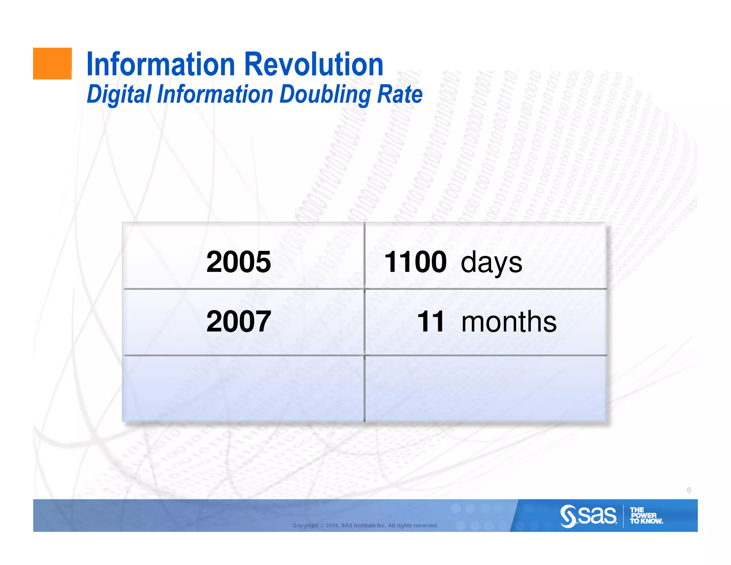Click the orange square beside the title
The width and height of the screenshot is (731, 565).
coord(52,64)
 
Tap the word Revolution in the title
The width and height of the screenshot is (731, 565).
coord(314,65)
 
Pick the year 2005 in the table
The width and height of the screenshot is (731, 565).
coord(238,262)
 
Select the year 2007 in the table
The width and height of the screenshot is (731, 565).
coord(238,321)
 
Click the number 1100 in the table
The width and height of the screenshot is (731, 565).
coord(415,262)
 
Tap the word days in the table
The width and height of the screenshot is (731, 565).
coord(491,263)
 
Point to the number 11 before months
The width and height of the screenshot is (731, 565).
coord(431,321)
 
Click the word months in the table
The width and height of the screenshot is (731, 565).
coord(509,321)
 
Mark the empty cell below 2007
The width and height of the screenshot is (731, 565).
coord(243,389)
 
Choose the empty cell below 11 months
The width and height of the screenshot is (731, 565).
coord(485,389)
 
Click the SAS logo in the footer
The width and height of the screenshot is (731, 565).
coord(588,516)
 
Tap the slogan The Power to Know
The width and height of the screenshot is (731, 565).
coord(646,516)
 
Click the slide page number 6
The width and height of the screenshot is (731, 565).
coord(689,490)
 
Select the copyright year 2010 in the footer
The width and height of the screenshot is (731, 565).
coord(332,525)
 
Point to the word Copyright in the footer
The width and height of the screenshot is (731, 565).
coord(306,525)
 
